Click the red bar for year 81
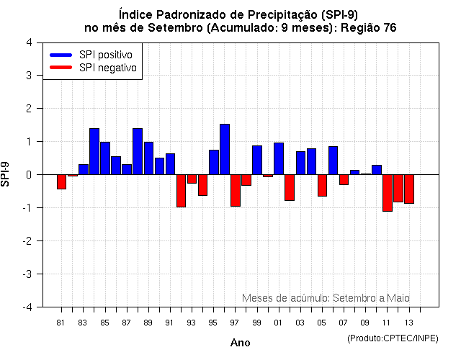click(x=61, y=181)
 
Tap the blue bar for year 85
click(x=105, y=158)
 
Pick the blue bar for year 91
click(x=170, y=164)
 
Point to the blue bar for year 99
click(x=257, y=160)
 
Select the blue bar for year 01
click(x=279, y=158)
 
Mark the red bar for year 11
click(x=388, y=192)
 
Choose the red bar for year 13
click(x=409, y=189)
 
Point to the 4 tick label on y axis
click(x=28, y=42)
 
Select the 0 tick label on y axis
click(x=28, y=175)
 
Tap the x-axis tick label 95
click(x=213, y=323)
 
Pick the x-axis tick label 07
click(x=344, y=323)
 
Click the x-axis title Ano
click(x=240, y=343)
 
